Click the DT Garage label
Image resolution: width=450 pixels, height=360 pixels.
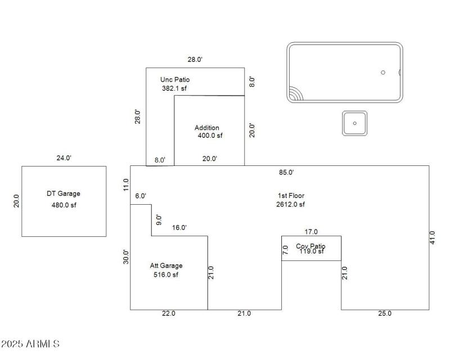63,193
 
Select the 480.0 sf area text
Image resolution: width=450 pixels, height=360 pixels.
63,205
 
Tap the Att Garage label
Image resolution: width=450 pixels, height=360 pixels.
166,265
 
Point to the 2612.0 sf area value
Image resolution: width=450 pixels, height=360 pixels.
291,205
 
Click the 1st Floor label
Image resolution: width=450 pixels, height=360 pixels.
291,196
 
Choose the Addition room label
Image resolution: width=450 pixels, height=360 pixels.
207,128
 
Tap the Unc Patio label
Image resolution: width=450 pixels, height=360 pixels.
175,80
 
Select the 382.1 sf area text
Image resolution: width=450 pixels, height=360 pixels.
175,88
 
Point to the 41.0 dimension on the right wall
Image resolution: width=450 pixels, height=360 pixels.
432,237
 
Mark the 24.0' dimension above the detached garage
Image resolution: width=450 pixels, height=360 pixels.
64,159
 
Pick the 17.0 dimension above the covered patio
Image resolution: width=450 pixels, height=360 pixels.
311,231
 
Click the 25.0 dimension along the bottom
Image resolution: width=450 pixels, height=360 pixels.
385,313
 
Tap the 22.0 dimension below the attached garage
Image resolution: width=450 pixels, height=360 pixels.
169,313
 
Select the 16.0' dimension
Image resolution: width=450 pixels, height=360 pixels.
179,228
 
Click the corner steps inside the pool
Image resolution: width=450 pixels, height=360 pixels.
295,94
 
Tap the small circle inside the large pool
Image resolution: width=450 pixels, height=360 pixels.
383,73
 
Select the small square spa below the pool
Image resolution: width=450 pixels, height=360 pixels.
355,123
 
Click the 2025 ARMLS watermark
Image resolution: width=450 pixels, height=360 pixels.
30,343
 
